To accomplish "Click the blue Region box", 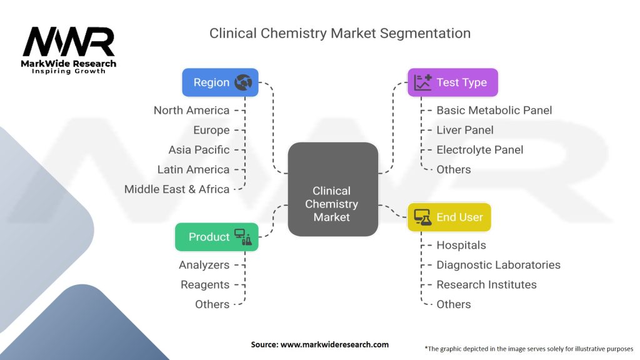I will click(220, 82).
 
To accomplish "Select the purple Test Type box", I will click(452, 82).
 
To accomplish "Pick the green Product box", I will click(216, 237).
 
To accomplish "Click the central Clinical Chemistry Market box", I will click(332, 189).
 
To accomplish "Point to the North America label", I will click(192, 111).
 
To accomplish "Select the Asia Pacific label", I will click(199, 150).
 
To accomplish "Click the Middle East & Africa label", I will click(177, 189).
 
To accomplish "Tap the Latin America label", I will click(193, 169).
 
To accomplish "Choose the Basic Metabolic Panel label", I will click(494, 111).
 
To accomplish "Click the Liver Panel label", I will click(465, 130).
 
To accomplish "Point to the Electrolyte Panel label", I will click(480, 150).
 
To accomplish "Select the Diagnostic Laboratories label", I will click(498, 265).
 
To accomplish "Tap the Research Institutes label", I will click(486, 284).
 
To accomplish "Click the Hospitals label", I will click(461, 246).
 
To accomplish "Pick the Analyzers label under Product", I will click(204, 265).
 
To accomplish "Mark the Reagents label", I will click(205, 284).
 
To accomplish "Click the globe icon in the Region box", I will click(242, 82).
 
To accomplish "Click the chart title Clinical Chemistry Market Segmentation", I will click(340, 33).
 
